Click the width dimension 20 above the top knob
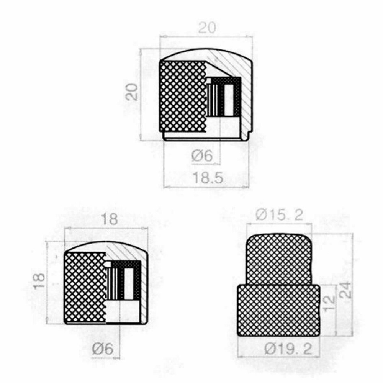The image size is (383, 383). point(207,28)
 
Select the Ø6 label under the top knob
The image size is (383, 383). point(202,155)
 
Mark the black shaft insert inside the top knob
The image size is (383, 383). point(224,96)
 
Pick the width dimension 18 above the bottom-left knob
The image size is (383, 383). point(110,219)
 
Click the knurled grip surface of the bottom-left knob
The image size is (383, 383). point(85,287)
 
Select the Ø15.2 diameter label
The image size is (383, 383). point(280,215)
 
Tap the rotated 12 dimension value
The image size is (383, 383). point(329,303)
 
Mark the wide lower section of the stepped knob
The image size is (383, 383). point(278,310)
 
